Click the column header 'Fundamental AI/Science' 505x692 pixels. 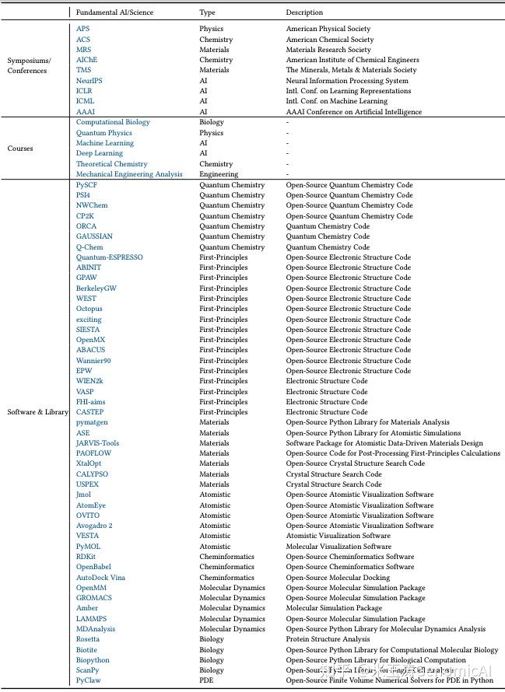[x=114, y=12]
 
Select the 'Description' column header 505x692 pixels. [x=304, y=12]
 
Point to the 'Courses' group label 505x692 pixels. [x=20, y=148]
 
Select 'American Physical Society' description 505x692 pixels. [x=329, y=29]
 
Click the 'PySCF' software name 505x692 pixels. [x=86, y=185]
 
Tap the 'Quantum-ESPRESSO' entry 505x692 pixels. [x=109, y=257]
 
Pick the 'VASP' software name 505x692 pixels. [x=85, y=392]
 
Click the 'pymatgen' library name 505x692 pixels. [x=91, y=422]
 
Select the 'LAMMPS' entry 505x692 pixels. [x=91, y=619]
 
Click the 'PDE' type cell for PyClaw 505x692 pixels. [x=206, y=680]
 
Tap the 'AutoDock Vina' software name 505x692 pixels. [x=100, y=578]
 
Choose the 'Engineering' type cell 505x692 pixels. [x=219, y=174]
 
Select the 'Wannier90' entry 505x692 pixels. [x=93, y=361]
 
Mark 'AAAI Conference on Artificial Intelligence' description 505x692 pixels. [x=352, y=111]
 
